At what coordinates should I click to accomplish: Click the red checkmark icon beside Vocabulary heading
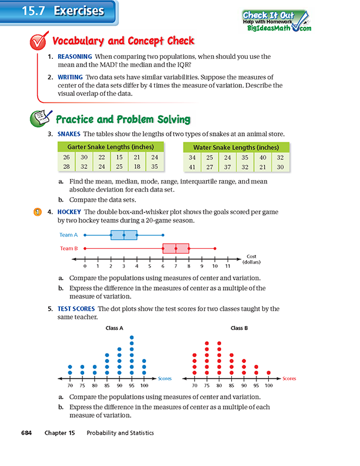pyautogui.click(x=38, y=42)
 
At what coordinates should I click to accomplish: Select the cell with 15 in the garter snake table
pyautogui.click(x=119, y=157)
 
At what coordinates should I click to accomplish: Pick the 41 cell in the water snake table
pyautogui.click(x=192, y=167)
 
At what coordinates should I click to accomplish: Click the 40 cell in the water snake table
pyautogui.click(x=262, y=157)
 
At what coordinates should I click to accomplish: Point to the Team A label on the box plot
pyautogui.click(x=68, y=235)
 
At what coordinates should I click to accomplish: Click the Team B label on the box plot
pyautogui.click(x=68, y=248)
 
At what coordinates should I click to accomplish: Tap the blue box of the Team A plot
pyautogui.click(x=124, y=235)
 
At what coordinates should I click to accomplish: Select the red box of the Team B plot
pyautogui.click(x=176, y=248)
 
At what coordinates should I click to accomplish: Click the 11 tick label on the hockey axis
pyautogui.click(x=227, y=266)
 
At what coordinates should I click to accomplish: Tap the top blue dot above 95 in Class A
pyautogui.click(x=132, y=338)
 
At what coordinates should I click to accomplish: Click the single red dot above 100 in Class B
pyautogui.click(x=269, y=372)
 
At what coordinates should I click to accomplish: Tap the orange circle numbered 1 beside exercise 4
pyautogui.click(x=36, y=211)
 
